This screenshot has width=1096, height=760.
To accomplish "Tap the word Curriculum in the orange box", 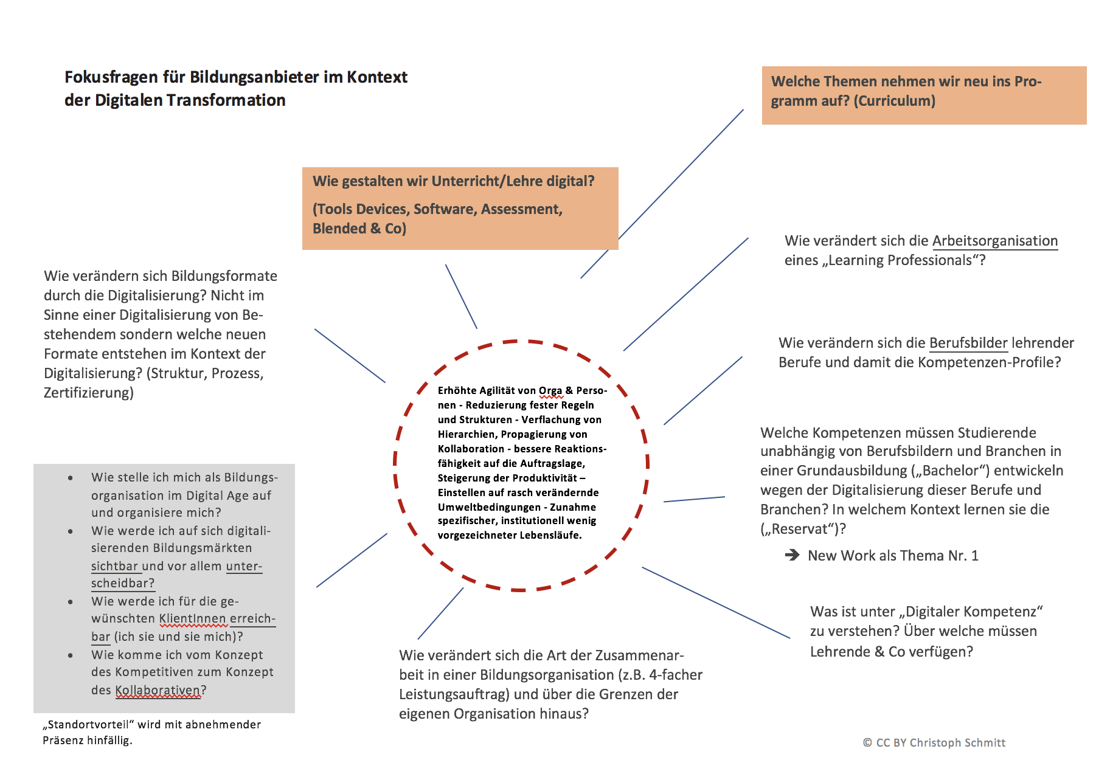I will pos(894,101).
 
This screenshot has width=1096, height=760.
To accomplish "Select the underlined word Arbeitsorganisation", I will pos(995,241).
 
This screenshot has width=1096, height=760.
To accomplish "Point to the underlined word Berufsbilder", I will pos(968,343).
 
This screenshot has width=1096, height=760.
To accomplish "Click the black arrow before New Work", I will pos(792,555).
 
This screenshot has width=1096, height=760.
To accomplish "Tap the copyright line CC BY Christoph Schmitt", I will pos(934,742).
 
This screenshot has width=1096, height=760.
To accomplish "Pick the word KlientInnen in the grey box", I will pos(192,618).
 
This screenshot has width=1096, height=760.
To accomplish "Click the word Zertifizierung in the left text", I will pos(88,393).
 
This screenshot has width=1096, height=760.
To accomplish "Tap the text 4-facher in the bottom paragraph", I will pos(676,675).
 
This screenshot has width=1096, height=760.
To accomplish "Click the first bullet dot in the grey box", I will pos(71,478).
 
